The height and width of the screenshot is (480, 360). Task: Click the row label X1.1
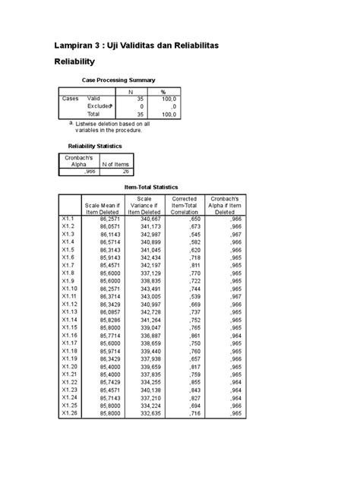point(68,218)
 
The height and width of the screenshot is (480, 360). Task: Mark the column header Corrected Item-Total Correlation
point(185,205)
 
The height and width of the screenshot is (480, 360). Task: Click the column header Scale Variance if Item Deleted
point(144,205)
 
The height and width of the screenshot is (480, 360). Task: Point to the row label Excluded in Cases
point(100,106)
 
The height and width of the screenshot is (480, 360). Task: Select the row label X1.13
point(69,312)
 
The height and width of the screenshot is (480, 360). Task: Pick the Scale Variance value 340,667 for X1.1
point(147,218)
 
